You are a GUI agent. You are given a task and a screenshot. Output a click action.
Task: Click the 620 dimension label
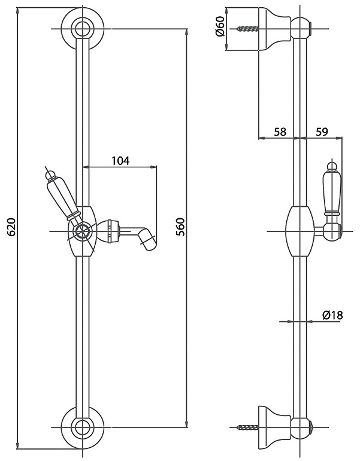12,227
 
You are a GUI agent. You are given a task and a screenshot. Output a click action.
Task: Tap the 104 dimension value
120,161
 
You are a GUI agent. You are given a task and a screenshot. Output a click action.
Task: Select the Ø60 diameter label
220,26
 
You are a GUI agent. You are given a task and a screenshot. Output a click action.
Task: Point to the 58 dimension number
280,132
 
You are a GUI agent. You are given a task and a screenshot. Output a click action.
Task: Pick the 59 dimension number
322,132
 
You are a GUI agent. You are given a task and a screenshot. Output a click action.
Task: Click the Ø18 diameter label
332,315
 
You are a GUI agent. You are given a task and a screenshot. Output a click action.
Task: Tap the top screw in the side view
248,29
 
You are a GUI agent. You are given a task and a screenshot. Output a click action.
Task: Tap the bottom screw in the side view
248,427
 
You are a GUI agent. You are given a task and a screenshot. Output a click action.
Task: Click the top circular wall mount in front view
83,29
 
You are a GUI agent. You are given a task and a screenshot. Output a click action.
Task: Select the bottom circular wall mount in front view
83,427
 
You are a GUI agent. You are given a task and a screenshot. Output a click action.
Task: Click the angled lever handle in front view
62,197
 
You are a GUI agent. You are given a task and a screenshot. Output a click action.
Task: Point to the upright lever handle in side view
332,191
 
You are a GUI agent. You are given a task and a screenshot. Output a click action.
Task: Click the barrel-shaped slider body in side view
300,231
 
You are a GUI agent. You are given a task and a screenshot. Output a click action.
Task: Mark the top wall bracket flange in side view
275,29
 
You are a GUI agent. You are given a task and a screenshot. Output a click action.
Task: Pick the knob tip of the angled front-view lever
50,175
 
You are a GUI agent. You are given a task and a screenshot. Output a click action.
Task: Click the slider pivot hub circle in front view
83,231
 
